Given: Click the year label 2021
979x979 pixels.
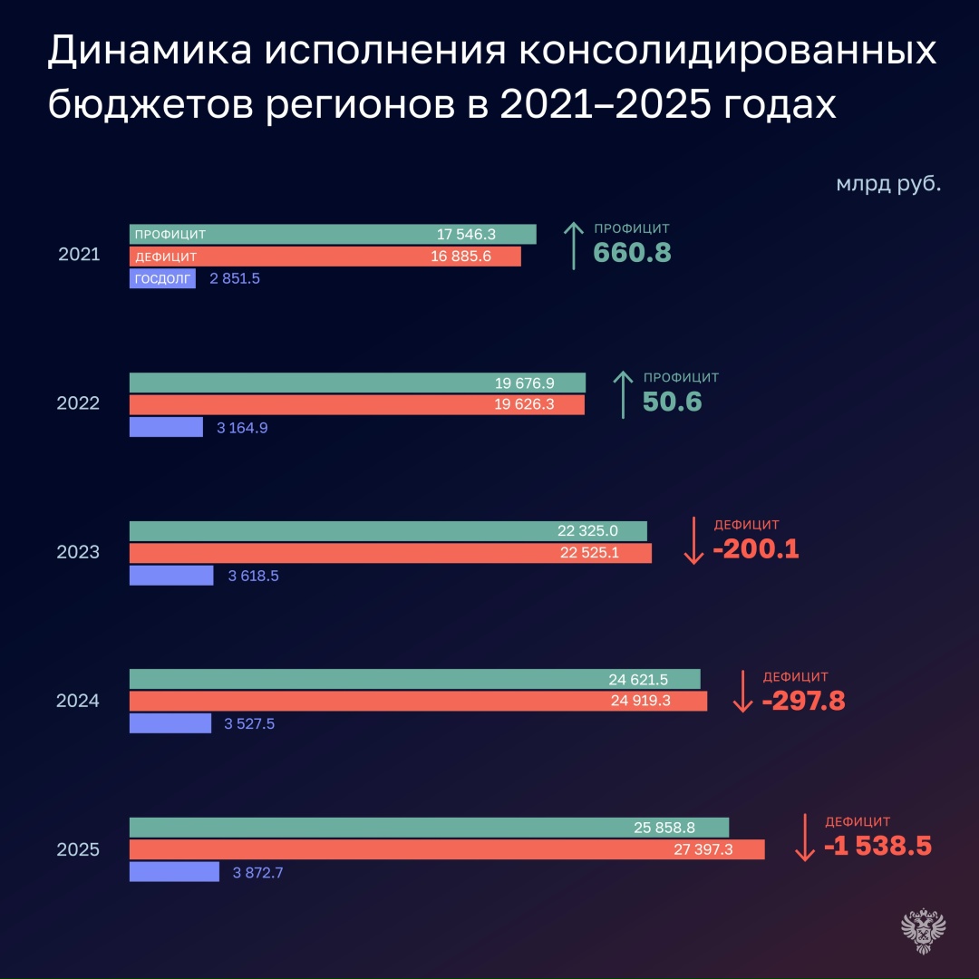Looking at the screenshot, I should (x=78, y=256).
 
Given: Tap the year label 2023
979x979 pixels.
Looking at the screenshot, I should (x=78, y=552).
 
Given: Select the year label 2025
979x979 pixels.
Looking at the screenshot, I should (x=78, y=849).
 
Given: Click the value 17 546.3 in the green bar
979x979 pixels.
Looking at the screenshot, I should (x=466, y=234).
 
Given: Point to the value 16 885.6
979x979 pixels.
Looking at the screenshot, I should (x=460, y=257).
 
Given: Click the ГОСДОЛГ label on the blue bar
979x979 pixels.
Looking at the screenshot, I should (x=162, y=278).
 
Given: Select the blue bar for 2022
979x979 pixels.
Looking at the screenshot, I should (x=166, y=427).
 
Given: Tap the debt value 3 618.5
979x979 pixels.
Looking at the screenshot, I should (x=248, y=576).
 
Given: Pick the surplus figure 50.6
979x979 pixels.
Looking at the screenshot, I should (x=672, y=402).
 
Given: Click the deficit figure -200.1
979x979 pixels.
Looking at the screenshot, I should (x=755, y=549).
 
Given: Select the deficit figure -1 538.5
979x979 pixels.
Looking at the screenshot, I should (x=877, y=846).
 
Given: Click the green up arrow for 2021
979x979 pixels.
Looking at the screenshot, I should (x=574, y=246).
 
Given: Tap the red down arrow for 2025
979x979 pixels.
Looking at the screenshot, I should (x=804, y=838).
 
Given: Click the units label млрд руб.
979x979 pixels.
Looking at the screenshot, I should (x=887, y=184).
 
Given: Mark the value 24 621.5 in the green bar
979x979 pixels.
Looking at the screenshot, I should (x=638, y=679).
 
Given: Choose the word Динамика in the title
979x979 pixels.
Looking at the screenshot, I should (x=148, y=53).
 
